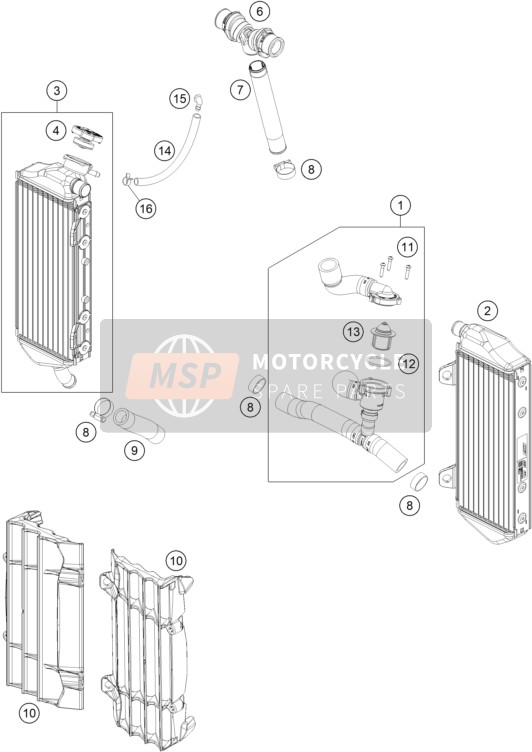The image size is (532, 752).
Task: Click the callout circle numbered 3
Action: (x=57, y=91)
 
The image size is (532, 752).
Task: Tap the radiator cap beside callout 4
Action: (x=87, y=136)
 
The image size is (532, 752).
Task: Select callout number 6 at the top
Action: (x=260, y=11)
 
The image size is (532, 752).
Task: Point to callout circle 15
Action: (x=179, y=99)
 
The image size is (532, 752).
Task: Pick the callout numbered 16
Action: (x=146, y=208)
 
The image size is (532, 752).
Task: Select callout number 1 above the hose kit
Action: (x=400, y=206)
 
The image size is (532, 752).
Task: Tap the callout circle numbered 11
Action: (x=407, y=247)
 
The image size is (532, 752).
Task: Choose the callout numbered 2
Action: (x=487, y=311)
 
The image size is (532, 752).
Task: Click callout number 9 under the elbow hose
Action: (x=134, y=450)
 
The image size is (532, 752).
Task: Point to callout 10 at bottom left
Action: (x=29, y=713)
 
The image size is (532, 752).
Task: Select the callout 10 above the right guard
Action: (x=176, y=560)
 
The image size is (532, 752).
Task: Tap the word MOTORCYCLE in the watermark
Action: (x=328, y=362)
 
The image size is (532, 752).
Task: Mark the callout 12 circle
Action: (x=408, y=364)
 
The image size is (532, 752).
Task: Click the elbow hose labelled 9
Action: (x=139, y=423)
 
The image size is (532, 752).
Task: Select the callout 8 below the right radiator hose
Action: (x=410, y=505)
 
